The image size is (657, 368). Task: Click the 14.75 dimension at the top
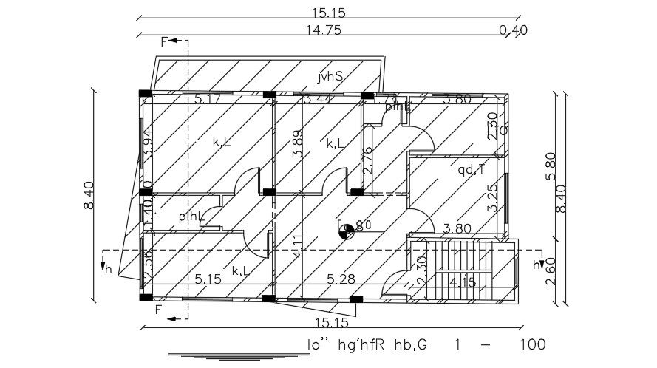[327, 30]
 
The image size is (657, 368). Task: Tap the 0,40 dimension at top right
[513, 30]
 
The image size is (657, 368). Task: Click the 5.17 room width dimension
[208, 99]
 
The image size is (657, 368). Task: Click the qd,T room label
[471, 171]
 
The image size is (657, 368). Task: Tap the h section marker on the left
[108, 269]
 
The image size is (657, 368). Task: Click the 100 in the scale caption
[531, 344]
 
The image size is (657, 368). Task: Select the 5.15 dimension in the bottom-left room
[210, 279]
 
